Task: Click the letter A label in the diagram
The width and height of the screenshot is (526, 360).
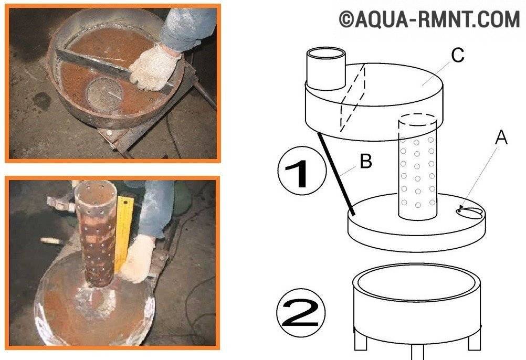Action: (501, 137)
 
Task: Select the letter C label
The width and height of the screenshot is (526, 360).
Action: (458, 55)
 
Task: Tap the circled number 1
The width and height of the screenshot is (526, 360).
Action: (302, 171)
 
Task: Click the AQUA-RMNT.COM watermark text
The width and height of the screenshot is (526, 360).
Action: (429, 19)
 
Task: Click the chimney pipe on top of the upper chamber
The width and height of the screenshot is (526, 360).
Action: (326, 69)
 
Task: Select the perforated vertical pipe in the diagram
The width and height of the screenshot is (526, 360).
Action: (417, 167)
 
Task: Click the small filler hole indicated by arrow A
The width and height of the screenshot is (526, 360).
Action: (459, 211)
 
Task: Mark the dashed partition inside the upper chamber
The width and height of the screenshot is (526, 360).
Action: (353, 97)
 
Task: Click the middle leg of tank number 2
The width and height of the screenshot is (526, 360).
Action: (418, 352)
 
